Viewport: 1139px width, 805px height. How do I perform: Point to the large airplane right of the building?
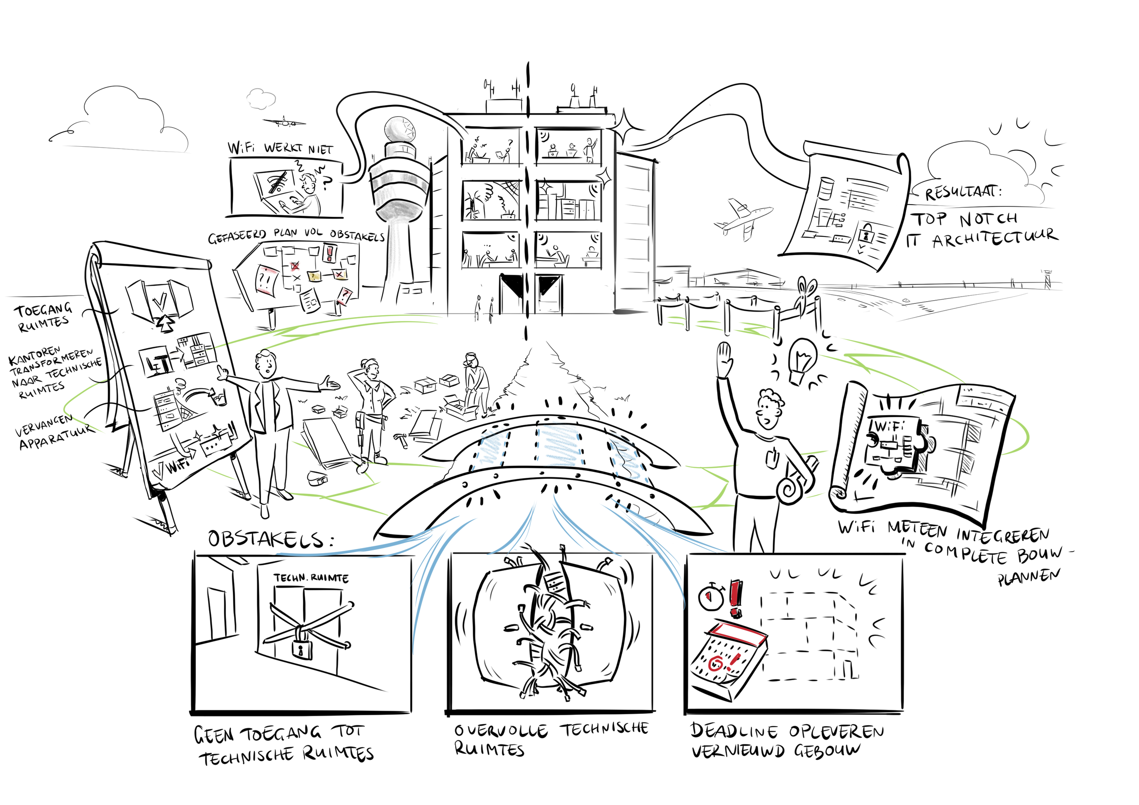(743, 218)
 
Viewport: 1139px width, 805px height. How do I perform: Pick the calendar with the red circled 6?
(728, 661)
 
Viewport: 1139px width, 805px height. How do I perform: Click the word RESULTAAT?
(962, 192)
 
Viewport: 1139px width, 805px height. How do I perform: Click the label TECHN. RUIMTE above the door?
(311, 578)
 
